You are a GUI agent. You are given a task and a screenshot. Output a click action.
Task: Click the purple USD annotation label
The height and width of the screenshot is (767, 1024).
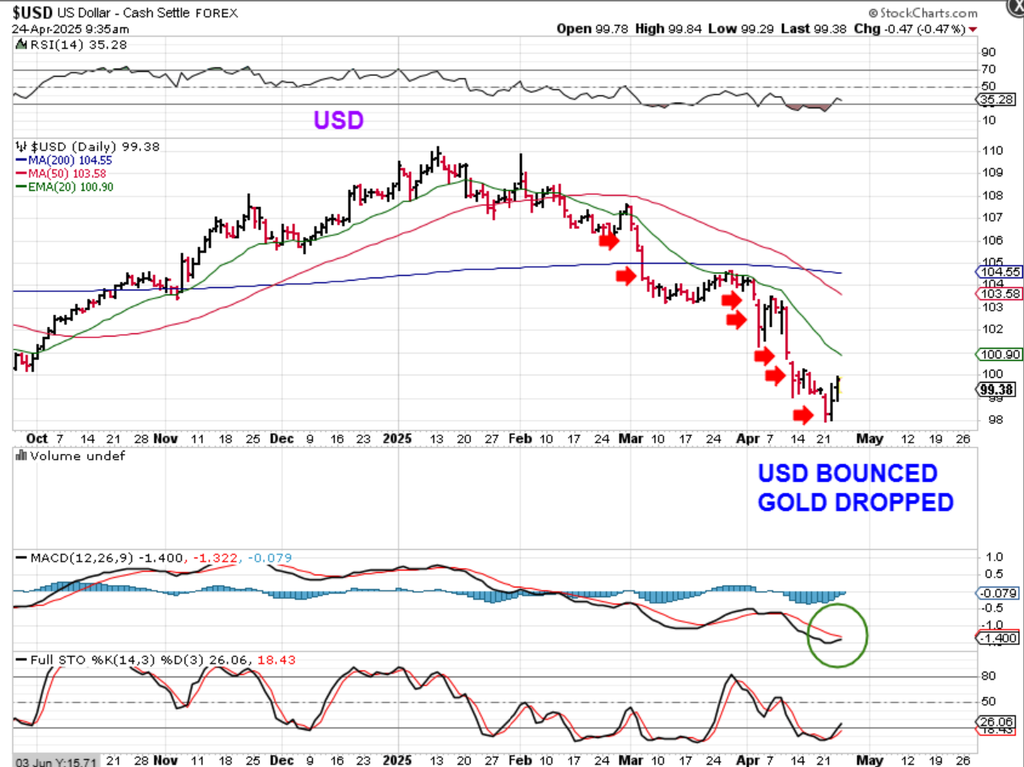[338, 121]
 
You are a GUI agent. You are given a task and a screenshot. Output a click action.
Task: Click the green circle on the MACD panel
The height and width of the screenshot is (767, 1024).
[838, 636]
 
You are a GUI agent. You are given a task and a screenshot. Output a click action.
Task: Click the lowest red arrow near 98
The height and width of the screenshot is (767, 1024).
[802, 415]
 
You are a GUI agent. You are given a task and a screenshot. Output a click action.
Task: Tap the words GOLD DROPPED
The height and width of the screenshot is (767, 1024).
[855, 502]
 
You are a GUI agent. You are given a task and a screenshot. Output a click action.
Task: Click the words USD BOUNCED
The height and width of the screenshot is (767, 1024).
[847, 474]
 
